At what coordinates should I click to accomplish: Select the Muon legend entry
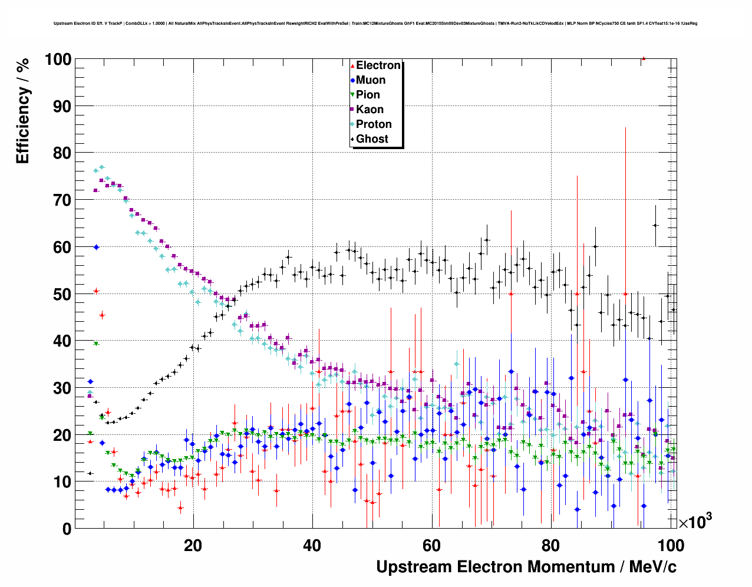(370, 80)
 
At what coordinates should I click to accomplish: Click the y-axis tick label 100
(58, 60)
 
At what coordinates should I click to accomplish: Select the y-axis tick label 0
(67, 529)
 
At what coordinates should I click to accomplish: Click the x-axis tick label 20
(193, 545)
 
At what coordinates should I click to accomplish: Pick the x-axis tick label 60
(431, 545)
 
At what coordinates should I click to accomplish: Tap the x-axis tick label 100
(670, 545)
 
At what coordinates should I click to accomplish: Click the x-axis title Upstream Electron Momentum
(526, 567)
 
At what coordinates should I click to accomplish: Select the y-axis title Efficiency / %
(22, 110)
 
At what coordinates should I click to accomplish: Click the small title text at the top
(375, 23)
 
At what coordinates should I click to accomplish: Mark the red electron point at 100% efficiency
(644, 58)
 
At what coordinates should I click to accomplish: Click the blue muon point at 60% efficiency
(96, 247)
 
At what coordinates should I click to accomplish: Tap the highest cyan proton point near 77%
(101, 167)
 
